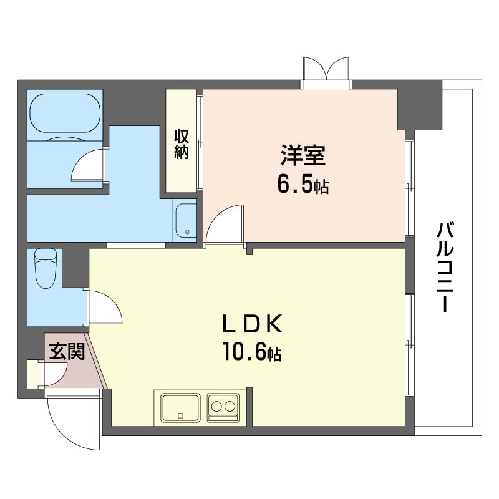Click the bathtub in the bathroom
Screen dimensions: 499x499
click(x=65, y=113)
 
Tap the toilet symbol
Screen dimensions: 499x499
click(x=45, y=268)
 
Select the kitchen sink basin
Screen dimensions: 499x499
click(x=180, y=409)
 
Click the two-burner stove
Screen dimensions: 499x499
click(x=223, y=408)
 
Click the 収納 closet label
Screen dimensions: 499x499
click(x=182, y=145)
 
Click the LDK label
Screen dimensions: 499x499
click(x=253, y=324)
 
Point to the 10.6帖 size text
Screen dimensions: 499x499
click(x=252, y=351)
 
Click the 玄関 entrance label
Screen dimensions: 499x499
click(x=67, y=351)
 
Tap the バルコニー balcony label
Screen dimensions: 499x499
click(x=445, y=268)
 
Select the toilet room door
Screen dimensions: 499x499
click(x=105, y=307)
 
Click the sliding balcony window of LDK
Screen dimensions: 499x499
click(x=410, y=345)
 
